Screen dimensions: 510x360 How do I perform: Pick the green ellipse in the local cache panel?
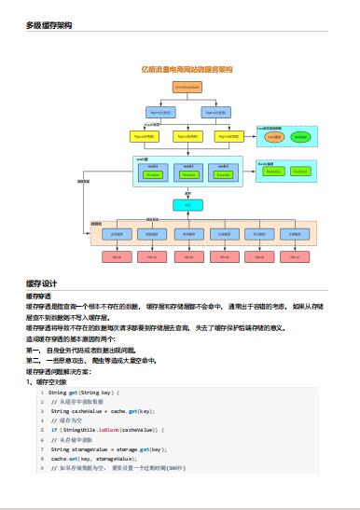click(300, 136)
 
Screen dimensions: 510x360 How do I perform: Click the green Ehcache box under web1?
click(154, 174)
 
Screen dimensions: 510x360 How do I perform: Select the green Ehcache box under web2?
click(188, 174)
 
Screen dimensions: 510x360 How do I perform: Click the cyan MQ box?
click(187, 204)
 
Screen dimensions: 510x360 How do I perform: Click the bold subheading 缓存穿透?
click(38, 296)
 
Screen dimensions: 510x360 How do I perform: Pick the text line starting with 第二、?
click(90, 358)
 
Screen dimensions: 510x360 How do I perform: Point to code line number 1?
click(41, 393)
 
